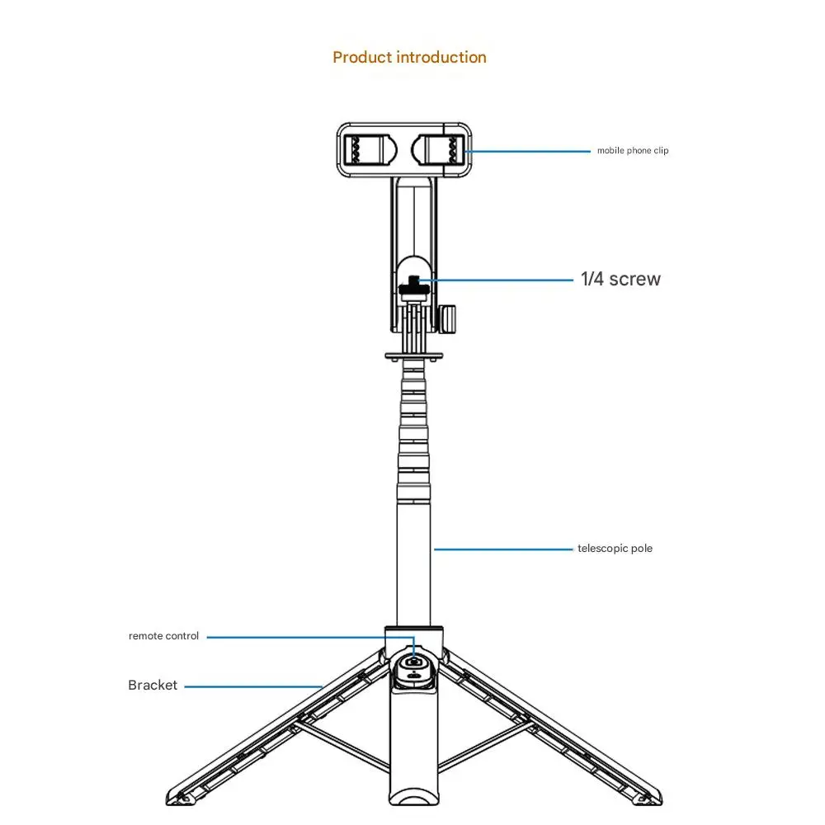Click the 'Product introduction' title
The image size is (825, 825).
[x=409, y=58]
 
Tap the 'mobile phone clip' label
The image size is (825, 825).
[x=633, y=150]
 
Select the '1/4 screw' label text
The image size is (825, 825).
[x=620, y=279]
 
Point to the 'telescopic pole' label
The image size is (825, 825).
[x=615, y=549]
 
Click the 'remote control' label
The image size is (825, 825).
[x=163, y=635]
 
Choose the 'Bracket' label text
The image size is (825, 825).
[x=153, y=685]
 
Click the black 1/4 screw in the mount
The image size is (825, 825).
[x=414, y=285]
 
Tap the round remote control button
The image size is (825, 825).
[x=414, y=663]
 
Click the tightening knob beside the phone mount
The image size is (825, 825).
[x=447, y=318]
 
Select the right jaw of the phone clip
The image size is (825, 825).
[x=438, y=150]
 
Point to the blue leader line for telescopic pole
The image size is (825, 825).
[x=503, y=549]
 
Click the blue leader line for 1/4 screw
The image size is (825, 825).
[x=496, y=280]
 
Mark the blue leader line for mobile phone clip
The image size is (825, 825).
[x=528, y=152]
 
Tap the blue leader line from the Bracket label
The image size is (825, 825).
[x=253, y=686]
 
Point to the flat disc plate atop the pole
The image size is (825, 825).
[x=414, y=356]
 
